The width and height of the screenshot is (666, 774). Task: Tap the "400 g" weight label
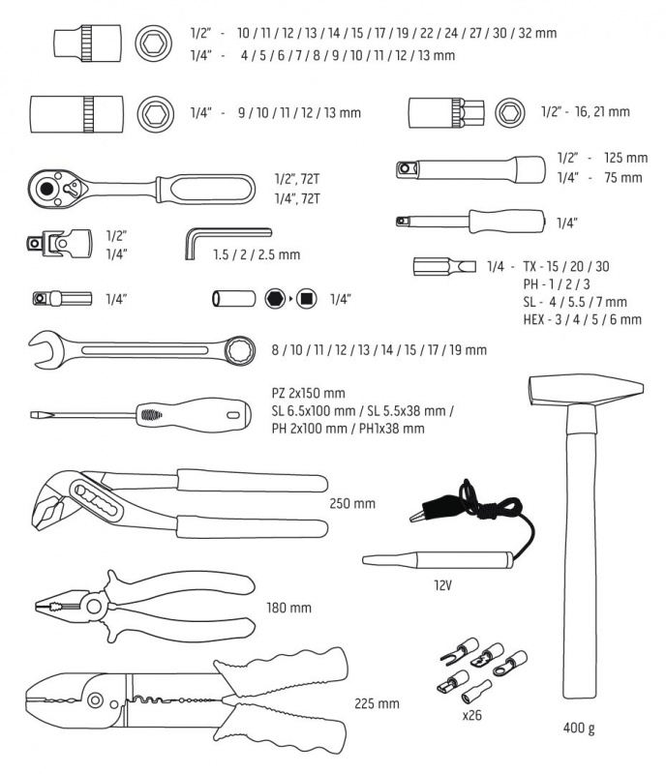point(578,728)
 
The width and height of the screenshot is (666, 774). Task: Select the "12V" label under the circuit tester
point(445,585)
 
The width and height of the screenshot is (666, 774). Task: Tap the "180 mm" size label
point(288,609)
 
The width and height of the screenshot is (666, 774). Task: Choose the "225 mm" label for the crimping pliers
point(376,703)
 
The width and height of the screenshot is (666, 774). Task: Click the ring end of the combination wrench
point(239,348)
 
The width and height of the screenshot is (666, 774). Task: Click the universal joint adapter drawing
point(62,244)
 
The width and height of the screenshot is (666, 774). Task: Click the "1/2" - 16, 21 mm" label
point(585,112)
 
